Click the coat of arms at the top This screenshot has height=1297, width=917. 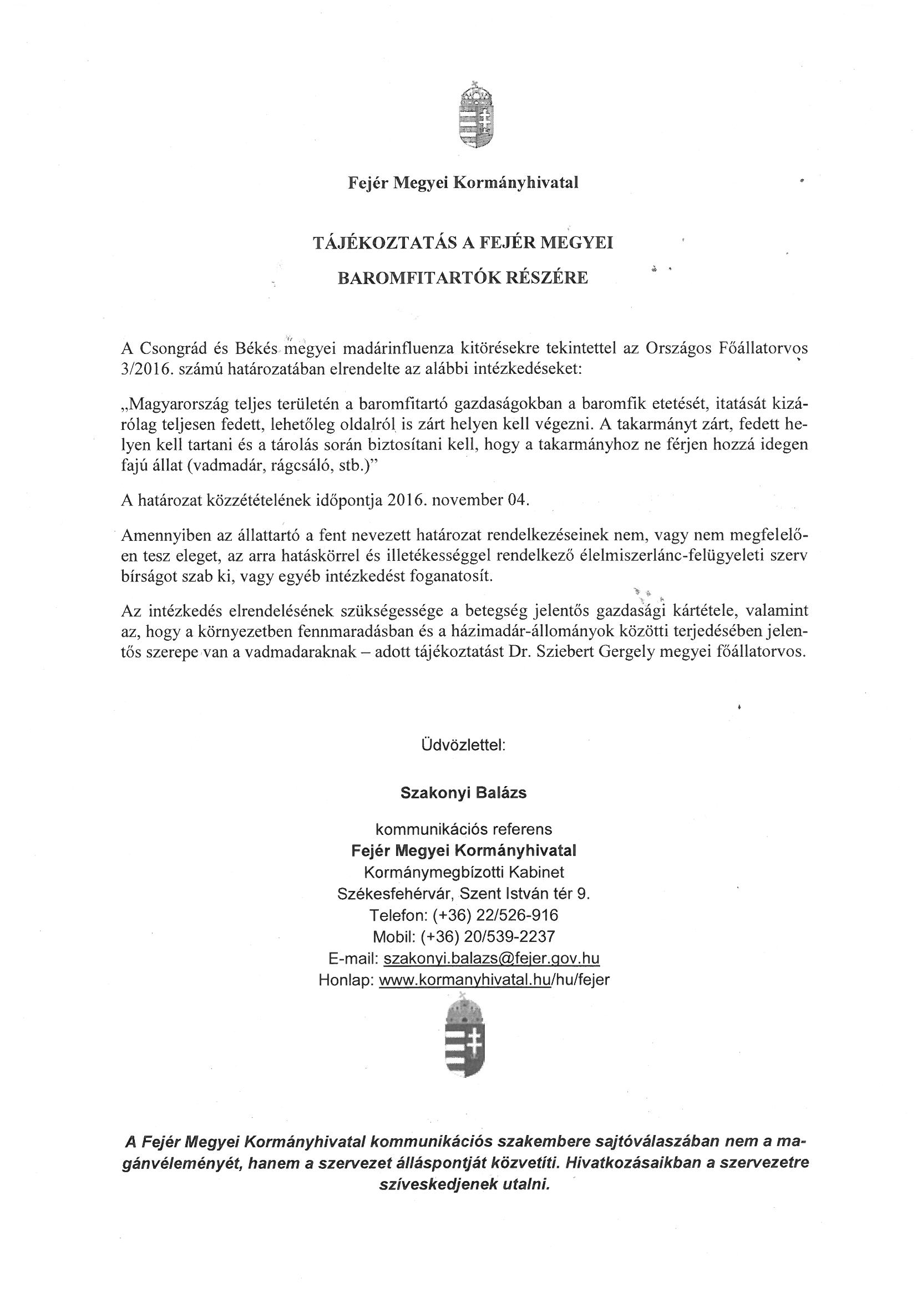pyautogui.click(x=478, y=115)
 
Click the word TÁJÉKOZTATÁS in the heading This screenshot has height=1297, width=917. pyautogui.click(x=382, y=243)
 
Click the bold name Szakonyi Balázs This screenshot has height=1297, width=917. pyautogui.click(x=463, y=793)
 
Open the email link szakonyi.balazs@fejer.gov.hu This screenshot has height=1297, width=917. pyautogui.click(x=491, y=958)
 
